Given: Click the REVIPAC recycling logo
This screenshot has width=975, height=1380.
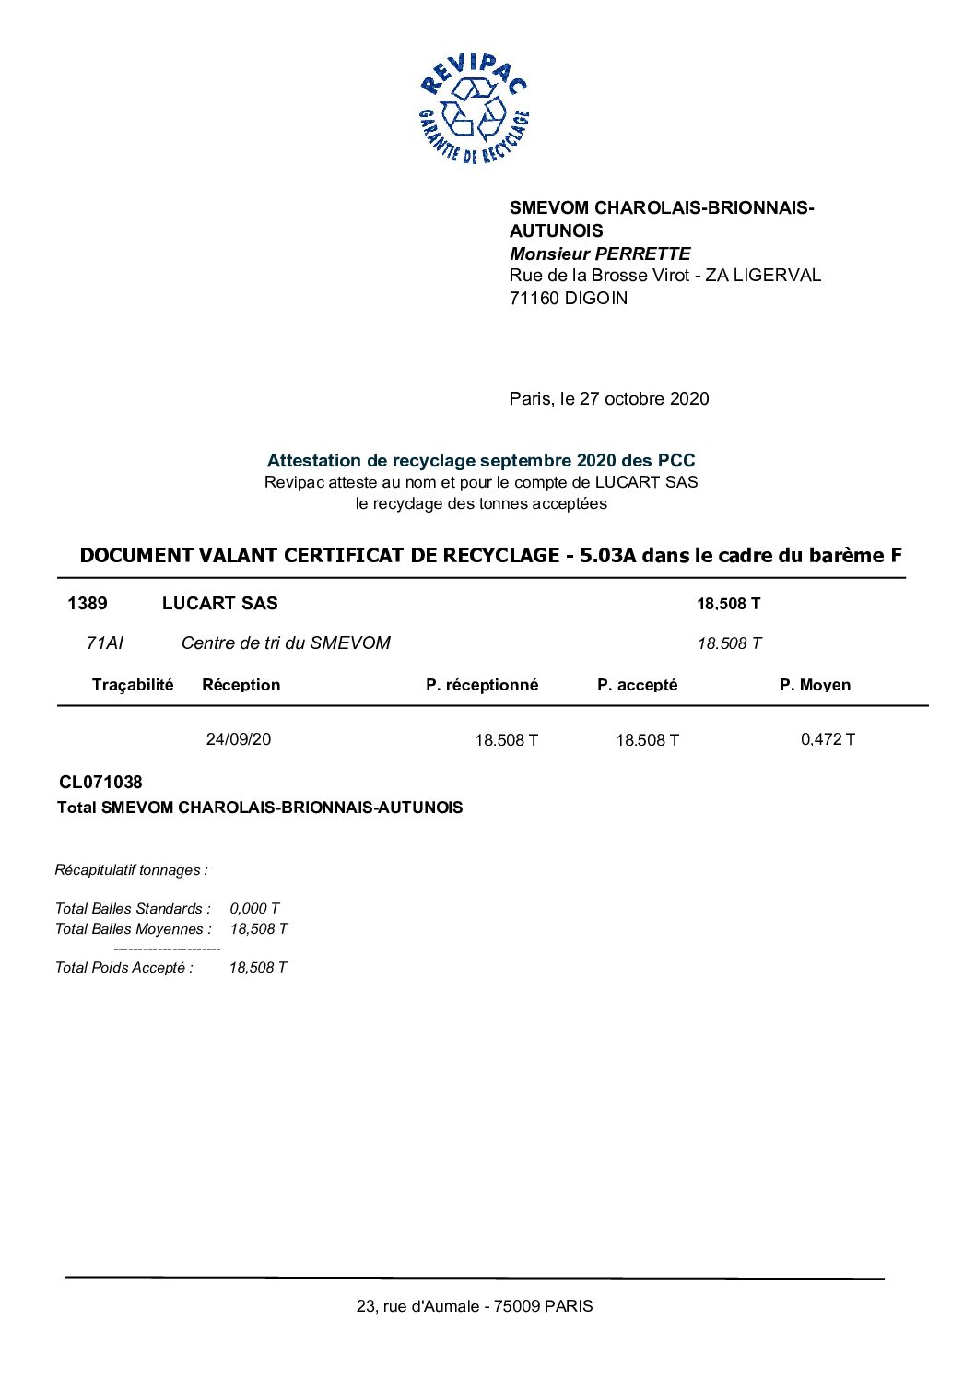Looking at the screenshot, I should [474, 109].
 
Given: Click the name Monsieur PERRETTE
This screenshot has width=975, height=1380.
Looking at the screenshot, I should [600, 254].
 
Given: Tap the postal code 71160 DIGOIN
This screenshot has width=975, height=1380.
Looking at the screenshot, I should [568, 298].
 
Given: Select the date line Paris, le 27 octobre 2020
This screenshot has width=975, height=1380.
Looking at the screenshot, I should [609, 398].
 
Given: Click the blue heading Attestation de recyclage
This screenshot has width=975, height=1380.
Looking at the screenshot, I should [481, 460].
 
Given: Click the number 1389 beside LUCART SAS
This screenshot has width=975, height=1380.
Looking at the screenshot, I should [88, 603].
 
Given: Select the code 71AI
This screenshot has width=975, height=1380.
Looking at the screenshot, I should [104, 643].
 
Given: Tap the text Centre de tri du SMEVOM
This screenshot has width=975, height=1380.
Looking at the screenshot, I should [286, 643].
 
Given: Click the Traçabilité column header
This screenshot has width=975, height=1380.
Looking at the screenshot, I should [133, 684].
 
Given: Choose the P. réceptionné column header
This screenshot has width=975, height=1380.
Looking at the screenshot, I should [482, 684].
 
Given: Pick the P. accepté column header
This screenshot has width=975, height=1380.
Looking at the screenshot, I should [637, 684].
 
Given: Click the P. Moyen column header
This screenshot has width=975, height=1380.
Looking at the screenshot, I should [815, 684].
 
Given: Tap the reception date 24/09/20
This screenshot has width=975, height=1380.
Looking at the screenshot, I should [239, 739].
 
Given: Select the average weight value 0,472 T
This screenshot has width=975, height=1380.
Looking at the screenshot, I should [828, 739].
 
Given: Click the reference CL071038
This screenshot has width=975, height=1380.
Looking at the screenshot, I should [100, 782].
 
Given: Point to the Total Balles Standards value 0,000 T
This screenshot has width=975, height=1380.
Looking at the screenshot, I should [254, 908].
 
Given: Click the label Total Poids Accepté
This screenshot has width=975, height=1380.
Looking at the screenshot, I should [124, 967].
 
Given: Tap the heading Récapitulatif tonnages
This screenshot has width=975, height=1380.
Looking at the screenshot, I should [131, 869].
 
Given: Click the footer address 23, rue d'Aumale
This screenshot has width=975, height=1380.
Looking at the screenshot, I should [475, 1305].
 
